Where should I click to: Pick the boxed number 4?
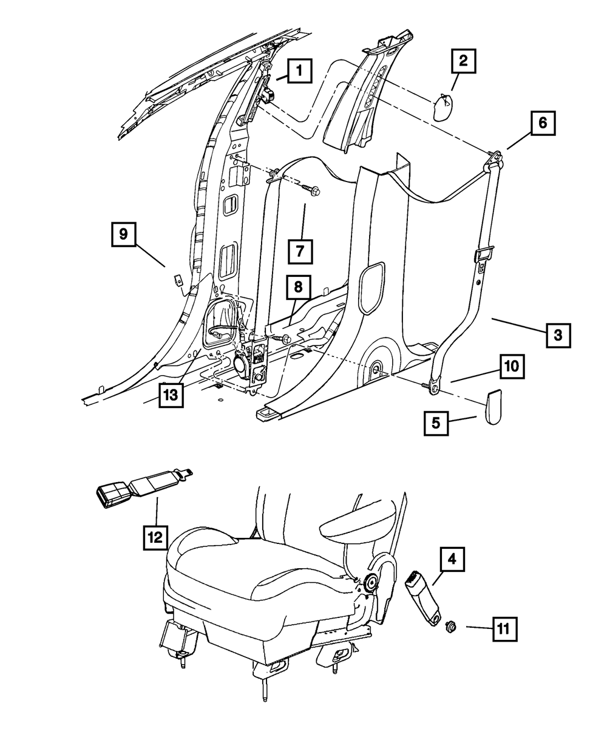coord(452,560)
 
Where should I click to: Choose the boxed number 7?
coord(300,251)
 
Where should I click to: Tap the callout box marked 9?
coord(124,234)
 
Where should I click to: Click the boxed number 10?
coord(512,367)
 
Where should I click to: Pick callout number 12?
coord(156,537)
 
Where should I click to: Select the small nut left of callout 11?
coord(451,627)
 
